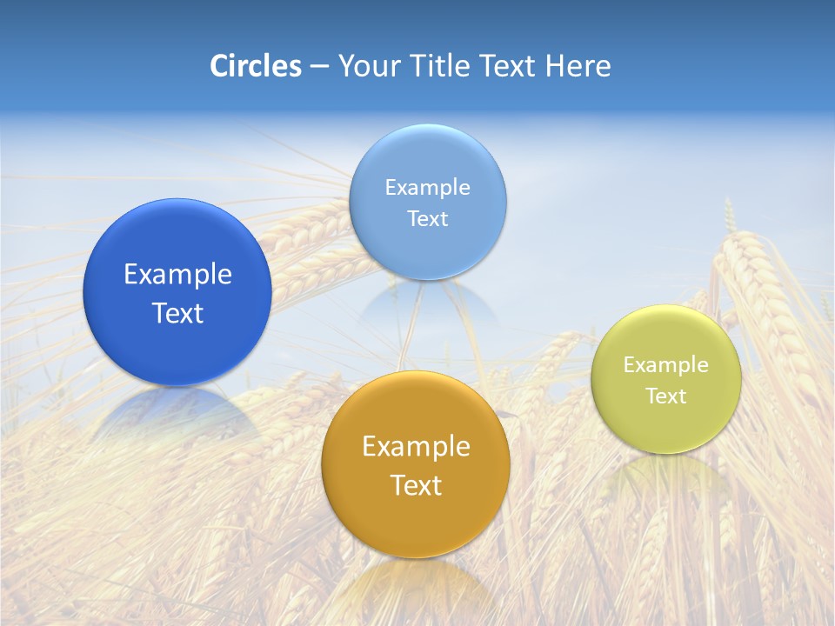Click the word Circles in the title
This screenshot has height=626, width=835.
click(x=255, y=66)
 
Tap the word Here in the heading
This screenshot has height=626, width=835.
click(x=578, y=66)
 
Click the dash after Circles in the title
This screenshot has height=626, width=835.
click(x=319, y=67)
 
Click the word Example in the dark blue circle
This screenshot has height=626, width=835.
click(x=177, y=275)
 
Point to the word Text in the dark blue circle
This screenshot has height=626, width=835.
click(x=177, y=313)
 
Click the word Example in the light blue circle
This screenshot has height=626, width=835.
click(x=428, y=188)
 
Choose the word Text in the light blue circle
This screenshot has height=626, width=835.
click(x=428, y=219)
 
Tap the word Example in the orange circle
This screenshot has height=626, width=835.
click(x=416, y=447)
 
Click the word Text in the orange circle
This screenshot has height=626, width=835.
click(x=416, y=485)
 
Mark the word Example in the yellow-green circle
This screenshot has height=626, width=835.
click(x=666, y=365)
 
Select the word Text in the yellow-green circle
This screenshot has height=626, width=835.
click(x=666, y=396)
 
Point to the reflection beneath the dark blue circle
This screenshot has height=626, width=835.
click(x=177, y=413)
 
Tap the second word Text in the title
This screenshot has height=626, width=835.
click(x=510, y=66)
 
